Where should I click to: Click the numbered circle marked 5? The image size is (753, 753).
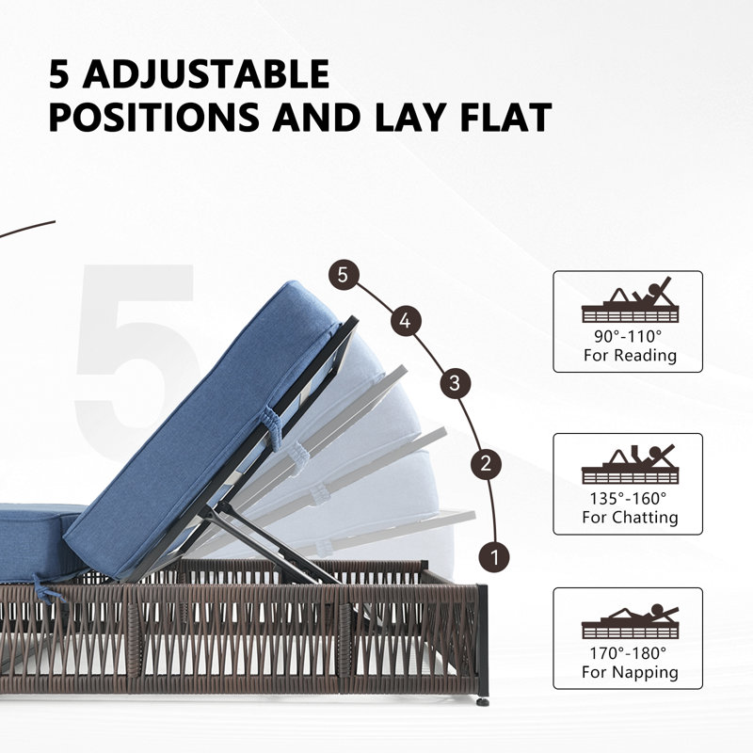click(344, 275)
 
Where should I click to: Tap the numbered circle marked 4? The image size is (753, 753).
click(406, 321)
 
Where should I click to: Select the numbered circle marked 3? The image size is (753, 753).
click(456, 383)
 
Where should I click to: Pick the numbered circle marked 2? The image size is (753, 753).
click(486, 463)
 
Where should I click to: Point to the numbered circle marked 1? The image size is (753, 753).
click(495, 557)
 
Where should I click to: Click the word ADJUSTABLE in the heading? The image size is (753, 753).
click(206, 74)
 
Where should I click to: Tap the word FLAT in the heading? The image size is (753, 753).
click(506, 117)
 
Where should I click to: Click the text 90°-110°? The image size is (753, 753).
click(628, 336)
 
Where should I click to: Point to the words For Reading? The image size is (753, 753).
click(630, 356)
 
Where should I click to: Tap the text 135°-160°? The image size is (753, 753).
click(628, 499)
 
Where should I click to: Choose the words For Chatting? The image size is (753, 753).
click(630, 517)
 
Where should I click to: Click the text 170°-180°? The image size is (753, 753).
click(628, 653)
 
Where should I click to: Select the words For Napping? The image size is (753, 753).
click(630, 672)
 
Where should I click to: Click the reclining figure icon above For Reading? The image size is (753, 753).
click(630, 299)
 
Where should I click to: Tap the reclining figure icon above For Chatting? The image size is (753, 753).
click(630, 463)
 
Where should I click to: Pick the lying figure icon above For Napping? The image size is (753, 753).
click(630, 621)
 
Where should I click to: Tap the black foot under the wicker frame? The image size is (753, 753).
click(483, 701)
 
